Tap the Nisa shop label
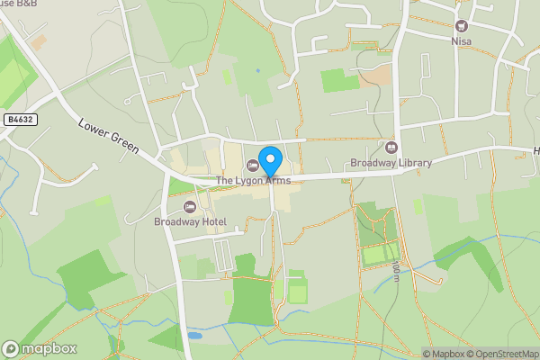pyautogui.click(x=462, y=41)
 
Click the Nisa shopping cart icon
pyautogui.click(x=462, y=26)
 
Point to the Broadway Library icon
pyautogui.click(x=391, y=147)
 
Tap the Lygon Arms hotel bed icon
pyautogui.click(x=251, y=165)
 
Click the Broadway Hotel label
pyautogui.click(x=190, y=221)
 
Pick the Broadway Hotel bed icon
pyautogui.click(x=190, y=206)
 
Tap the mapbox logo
pyautogui.click(x=40, y=348)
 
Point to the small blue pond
pyautogui.click(x=194, y=335)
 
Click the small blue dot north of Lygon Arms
pyautogui.click(x=257, y=70)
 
